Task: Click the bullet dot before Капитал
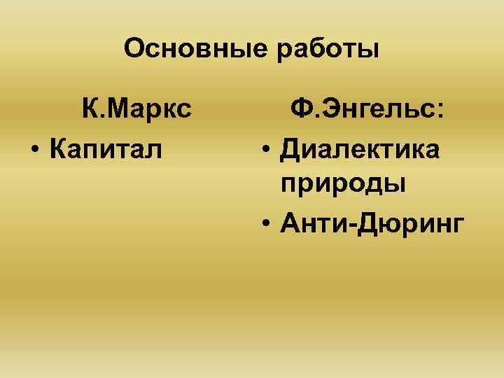pos(34,149)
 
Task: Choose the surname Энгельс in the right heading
pos(374,111)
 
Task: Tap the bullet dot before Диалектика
pos(266,149)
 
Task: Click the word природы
pos(342,185)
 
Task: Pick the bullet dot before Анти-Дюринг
pos(266,223)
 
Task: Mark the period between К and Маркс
pos(104,118)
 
